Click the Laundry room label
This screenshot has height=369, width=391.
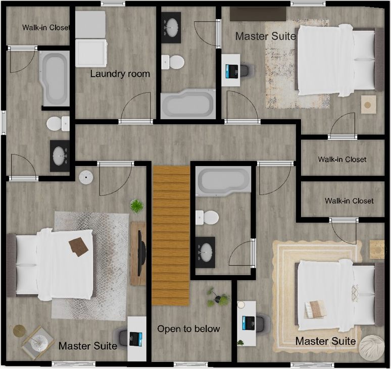click(120, 74)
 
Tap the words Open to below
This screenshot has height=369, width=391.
click(188, 329)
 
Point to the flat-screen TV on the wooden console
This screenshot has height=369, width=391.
click(141, 253)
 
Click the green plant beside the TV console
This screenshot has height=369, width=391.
click(137, 206)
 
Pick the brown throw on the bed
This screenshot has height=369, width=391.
click(78, 247)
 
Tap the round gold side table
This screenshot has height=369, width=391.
click(19, 331)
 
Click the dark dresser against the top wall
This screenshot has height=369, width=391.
click(258, 14)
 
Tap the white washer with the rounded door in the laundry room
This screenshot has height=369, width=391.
click(91, 53)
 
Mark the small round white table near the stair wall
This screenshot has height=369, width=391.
click(86, 177)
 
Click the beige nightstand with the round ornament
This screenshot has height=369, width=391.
click(369, 104)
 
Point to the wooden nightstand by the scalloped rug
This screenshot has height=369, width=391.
click(377, 250)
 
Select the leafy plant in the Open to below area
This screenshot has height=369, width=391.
click(218, 297)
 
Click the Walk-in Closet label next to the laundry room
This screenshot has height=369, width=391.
click(46, 27)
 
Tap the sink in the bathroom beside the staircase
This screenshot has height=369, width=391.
click(205, 252)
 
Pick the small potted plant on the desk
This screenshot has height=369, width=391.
click(240, 343)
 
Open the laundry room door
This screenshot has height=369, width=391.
click(136, 107)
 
